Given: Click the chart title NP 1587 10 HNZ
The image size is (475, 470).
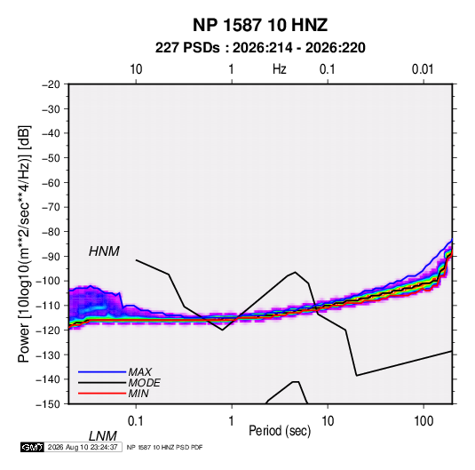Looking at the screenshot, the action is (260, 25).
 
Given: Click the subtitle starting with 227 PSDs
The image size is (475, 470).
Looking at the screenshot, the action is (260, 48).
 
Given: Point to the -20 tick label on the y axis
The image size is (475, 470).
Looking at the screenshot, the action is (51, 84).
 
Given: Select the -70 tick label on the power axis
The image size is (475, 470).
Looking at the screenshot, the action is (51, 207).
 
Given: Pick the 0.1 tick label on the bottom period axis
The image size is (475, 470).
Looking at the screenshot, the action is (135, 421).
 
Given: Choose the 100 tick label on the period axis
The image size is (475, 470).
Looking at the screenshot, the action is (424, 421).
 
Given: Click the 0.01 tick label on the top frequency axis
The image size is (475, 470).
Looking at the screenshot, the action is (423, 69).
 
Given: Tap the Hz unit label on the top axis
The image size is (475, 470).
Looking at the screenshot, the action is (280, 69).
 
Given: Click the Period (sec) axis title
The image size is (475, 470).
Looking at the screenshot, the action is (280, 431).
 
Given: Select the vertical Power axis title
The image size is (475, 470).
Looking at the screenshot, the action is (24, 244).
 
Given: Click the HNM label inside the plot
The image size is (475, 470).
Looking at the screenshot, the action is (104, 251).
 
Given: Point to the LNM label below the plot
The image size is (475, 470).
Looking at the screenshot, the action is (103, 436).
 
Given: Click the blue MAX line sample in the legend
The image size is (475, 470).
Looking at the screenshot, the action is (102, 372).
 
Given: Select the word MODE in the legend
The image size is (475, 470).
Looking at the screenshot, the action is (144, 383).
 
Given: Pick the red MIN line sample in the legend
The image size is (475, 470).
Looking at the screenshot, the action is (102, 394).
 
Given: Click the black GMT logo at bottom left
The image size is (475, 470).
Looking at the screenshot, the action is (32, 447).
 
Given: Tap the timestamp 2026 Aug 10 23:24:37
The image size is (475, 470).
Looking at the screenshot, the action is (83, 447).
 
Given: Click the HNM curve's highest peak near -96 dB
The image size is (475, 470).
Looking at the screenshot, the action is (295, 272).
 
